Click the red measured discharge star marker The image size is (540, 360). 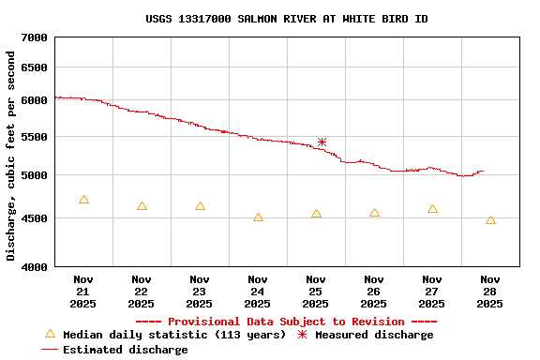click(322, 142)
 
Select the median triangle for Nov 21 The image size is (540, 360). click(83, 200)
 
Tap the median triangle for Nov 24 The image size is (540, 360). click(258, 217)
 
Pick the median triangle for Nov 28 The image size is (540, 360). click(490, 220)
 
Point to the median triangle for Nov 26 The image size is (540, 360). click(374, 213)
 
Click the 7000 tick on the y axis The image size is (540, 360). click(34, 37)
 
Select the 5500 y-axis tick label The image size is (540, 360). click(34, 138)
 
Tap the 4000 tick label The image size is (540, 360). click(34, 267)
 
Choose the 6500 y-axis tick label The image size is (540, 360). click(34, 68)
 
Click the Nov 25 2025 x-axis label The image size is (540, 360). click(316, 292)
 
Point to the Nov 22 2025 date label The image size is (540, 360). click(142, 292)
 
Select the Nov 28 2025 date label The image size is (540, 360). click(490, 292)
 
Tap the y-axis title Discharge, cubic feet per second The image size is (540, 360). click(11, 156)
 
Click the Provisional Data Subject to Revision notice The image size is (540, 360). click(286, 322)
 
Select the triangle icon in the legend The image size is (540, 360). click(51, 334)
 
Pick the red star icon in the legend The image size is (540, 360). click(302, 335)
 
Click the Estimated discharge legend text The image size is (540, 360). click(125, 350)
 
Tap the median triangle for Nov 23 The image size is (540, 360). click(200, 205)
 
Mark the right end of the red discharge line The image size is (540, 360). click(484, 172)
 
